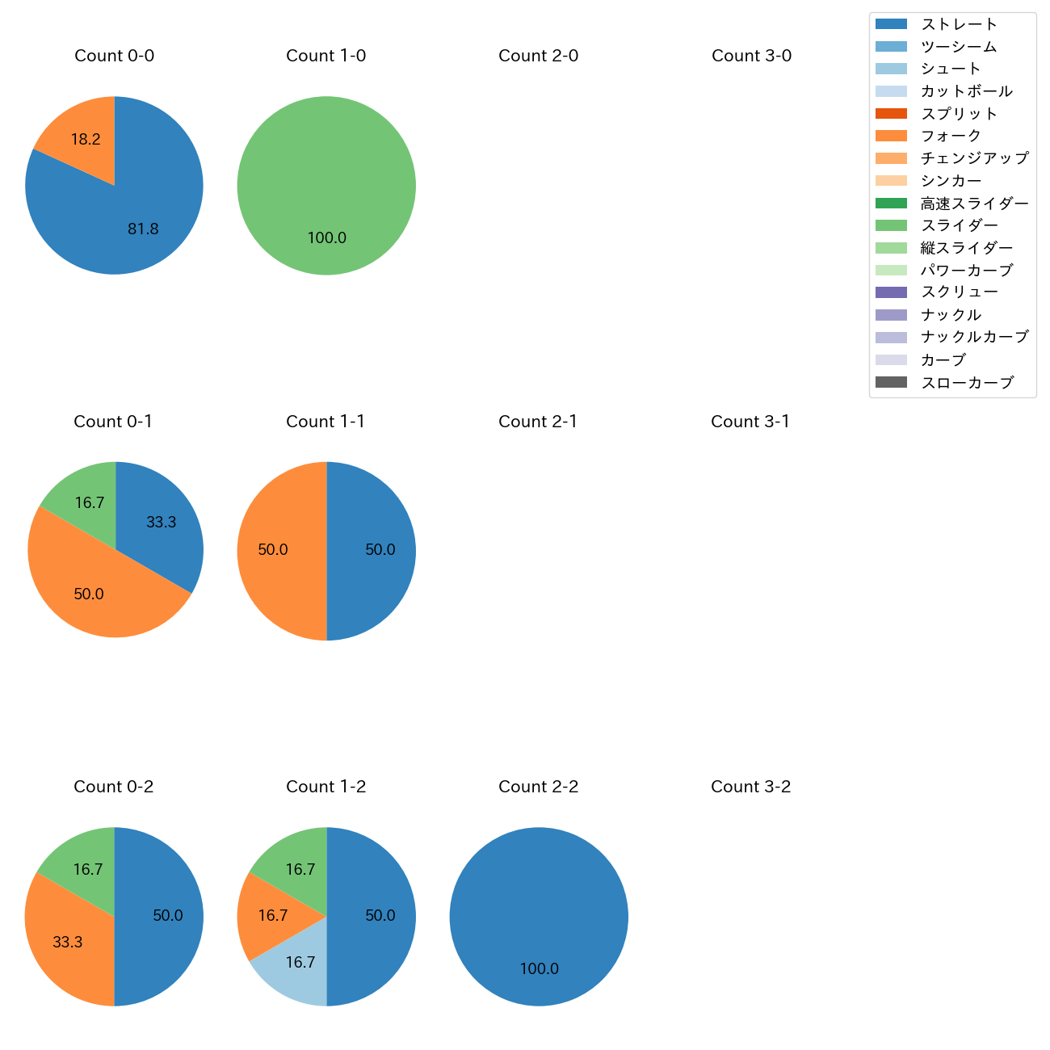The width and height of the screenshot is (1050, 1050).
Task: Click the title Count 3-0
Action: pyautogui.click(x=751, y=56)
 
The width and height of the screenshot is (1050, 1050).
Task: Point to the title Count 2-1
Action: pyautogui.click(x=538, y=422)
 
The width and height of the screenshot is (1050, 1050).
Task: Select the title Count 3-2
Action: pyautogui.click(x=750, y=787)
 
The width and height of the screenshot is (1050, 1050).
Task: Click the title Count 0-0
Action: pyautogui.click(x=114, y=56)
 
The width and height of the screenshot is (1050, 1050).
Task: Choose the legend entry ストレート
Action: pyautogui.click(x=959, y=24)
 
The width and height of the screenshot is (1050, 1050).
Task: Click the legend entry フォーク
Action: pyautogui.click(x=951, y=136)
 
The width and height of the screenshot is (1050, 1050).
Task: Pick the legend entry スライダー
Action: pyautogui.click(x=959, y=225)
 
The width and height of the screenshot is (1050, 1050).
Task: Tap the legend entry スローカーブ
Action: pyautogui.click(x=967, y=382)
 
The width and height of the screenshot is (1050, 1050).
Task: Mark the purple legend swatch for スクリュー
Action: pyautogui.click(x=891, y=292)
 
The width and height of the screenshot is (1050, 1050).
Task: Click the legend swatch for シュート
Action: pyautogui.click(x=891, y=69)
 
